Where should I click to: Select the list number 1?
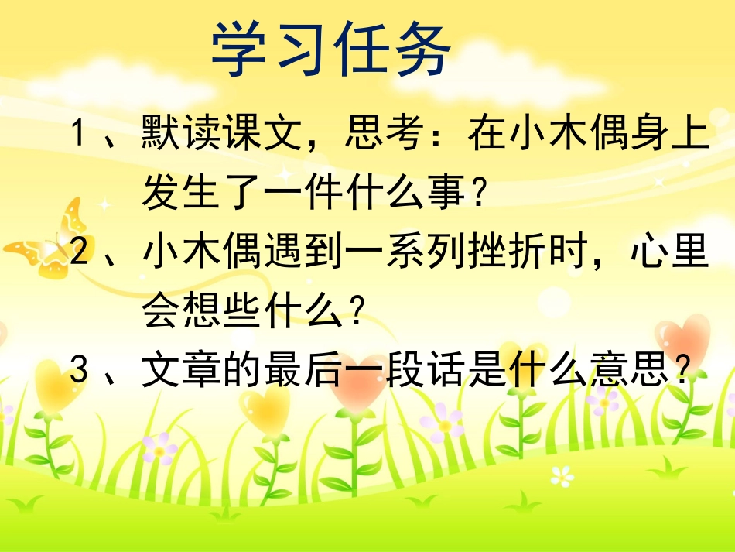77,134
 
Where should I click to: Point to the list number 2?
77,253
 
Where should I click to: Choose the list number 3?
77,372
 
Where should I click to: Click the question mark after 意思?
681,373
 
